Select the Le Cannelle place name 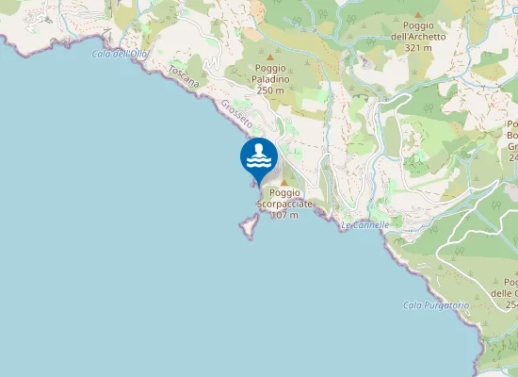(364, 225)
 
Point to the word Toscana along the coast (185, 77)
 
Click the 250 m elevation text (270, 90)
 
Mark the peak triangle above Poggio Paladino (270, 56)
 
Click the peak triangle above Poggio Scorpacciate (283, 182)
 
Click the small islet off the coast (249, 225)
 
